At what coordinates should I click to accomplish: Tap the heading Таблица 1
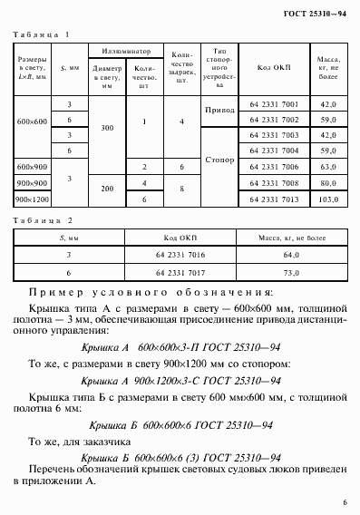click(43, 34)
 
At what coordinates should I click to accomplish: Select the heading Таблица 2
click(43, 221)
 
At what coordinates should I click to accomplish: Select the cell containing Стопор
click(220, 159)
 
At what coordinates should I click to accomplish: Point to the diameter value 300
click(106, 128)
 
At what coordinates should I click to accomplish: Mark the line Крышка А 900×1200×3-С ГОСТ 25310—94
click(178, 382)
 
